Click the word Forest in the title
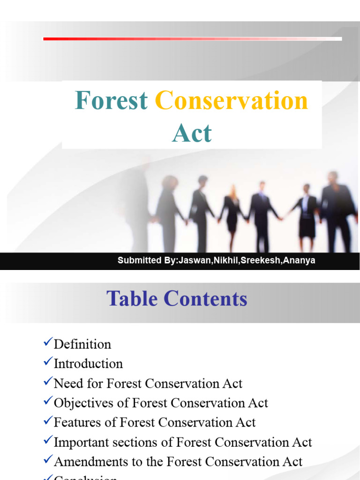click(111, 101)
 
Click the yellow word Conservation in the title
click(232, 101)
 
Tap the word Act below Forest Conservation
click(192, 133)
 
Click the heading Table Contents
click(177, 299)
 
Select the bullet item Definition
click(82, 345)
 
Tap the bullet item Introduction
click(88, 364)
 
